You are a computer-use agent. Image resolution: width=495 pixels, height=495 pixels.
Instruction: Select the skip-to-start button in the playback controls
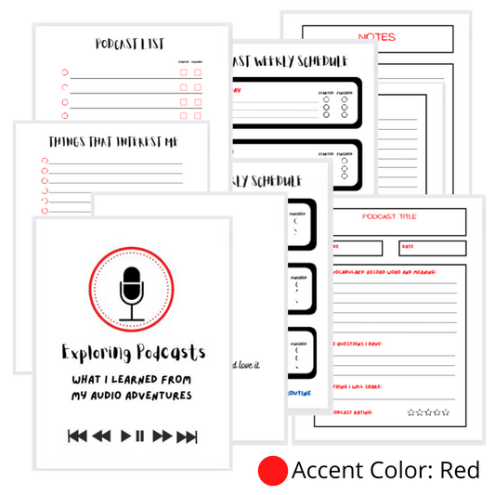point(77,436)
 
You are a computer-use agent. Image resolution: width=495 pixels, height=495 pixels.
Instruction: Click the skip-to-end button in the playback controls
point(187,436)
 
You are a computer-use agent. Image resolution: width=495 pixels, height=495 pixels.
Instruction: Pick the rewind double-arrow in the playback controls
point(101,436)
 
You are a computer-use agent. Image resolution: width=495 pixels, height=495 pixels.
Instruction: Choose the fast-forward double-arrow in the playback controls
point(163,436)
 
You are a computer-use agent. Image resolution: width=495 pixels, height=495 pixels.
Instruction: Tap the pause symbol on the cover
point(140,436)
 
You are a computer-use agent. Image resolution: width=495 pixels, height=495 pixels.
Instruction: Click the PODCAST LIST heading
point(130,44)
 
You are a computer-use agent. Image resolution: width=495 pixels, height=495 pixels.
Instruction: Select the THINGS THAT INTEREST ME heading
point(112,141)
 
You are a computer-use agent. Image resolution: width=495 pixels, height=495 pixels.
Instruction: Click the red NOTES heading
point(376,37)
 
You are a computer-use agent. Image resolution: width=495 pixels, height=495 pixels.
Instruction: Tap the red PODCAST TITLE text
point(389,216)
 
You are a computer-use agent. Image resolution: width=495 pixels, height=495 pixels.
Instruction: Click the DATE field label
point(409,246)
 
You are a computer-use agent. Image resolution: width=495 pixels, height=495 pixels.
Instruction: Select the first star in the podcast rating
point(411,411)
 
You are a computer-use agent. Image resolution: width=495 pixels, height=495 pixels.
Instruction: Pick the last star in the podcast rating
point(446,411)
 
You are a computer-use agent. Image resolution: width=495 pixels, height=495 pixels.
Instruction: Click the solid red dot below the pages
point(272,470)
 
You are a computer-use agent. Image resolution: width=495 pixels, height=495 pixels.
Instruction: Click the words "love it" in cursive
point(246,364)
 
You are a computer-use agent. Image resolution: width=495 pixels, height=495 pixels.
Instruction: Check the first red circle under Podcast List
point(64,72)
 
